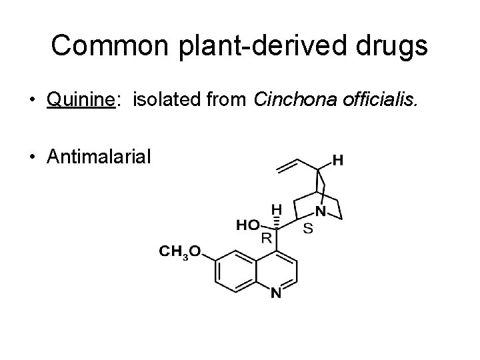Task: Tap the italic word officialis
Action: (x=384, y=101)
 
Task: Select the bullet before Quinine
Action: (x=32, y=102)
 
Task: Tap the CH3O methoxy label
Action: (x=179, y=252)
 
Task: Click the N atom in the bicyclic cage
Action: (x=322, y=213)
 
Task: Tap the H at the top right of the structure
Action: (x=338, y=161)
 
